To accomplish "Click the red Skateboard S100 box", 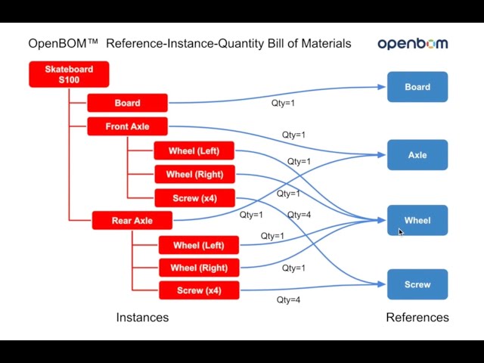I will click(x=69, y=74).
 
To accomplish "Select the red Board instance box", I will click(x=127, y=103).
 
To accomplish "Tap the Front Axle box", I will click(x=127, y=126).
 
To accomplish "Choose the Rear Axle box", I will click(x=132, y=220).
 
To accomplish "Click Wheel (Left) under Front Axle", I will click(x=194, y=150).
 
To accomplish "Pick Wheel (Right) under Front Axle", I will click(x=194, y=174).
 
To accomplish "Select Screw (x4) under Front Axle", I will click(x=194, y=198).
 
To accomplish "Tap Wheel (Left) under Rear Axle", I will click(x=199, y=245).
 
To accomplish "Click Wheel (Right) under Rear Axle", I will click(x=199, y=268).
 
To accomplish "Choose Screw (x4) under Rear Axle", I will click(x=199, y=290).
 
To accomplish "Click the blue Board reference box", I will click(x=417, y=87).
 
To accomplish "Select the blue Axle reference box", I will click(x=417, y=155).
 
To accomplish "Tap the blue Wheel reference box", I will click(x=417, y=220).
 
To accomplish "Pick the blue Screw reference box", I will click(x=417, y=284).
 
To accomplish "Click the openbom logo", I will click(x=413, y=44).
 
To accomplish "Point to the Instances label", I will click(x=142, y=318).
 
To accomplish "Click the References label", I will click(x=417, y=318).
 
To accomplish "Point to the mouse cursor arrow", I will click(x=401, y=232).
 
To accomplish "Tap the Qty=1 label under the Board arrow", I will click(x=283, y=103).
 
